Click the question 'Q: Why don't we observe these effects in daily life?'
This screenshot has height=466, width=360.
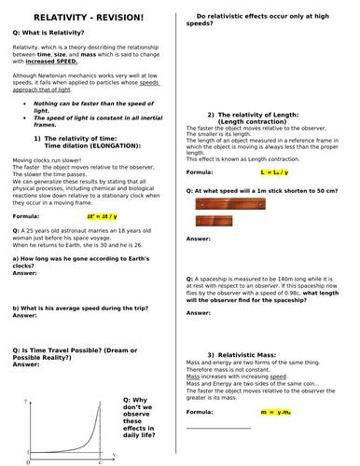coord(142,420)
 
